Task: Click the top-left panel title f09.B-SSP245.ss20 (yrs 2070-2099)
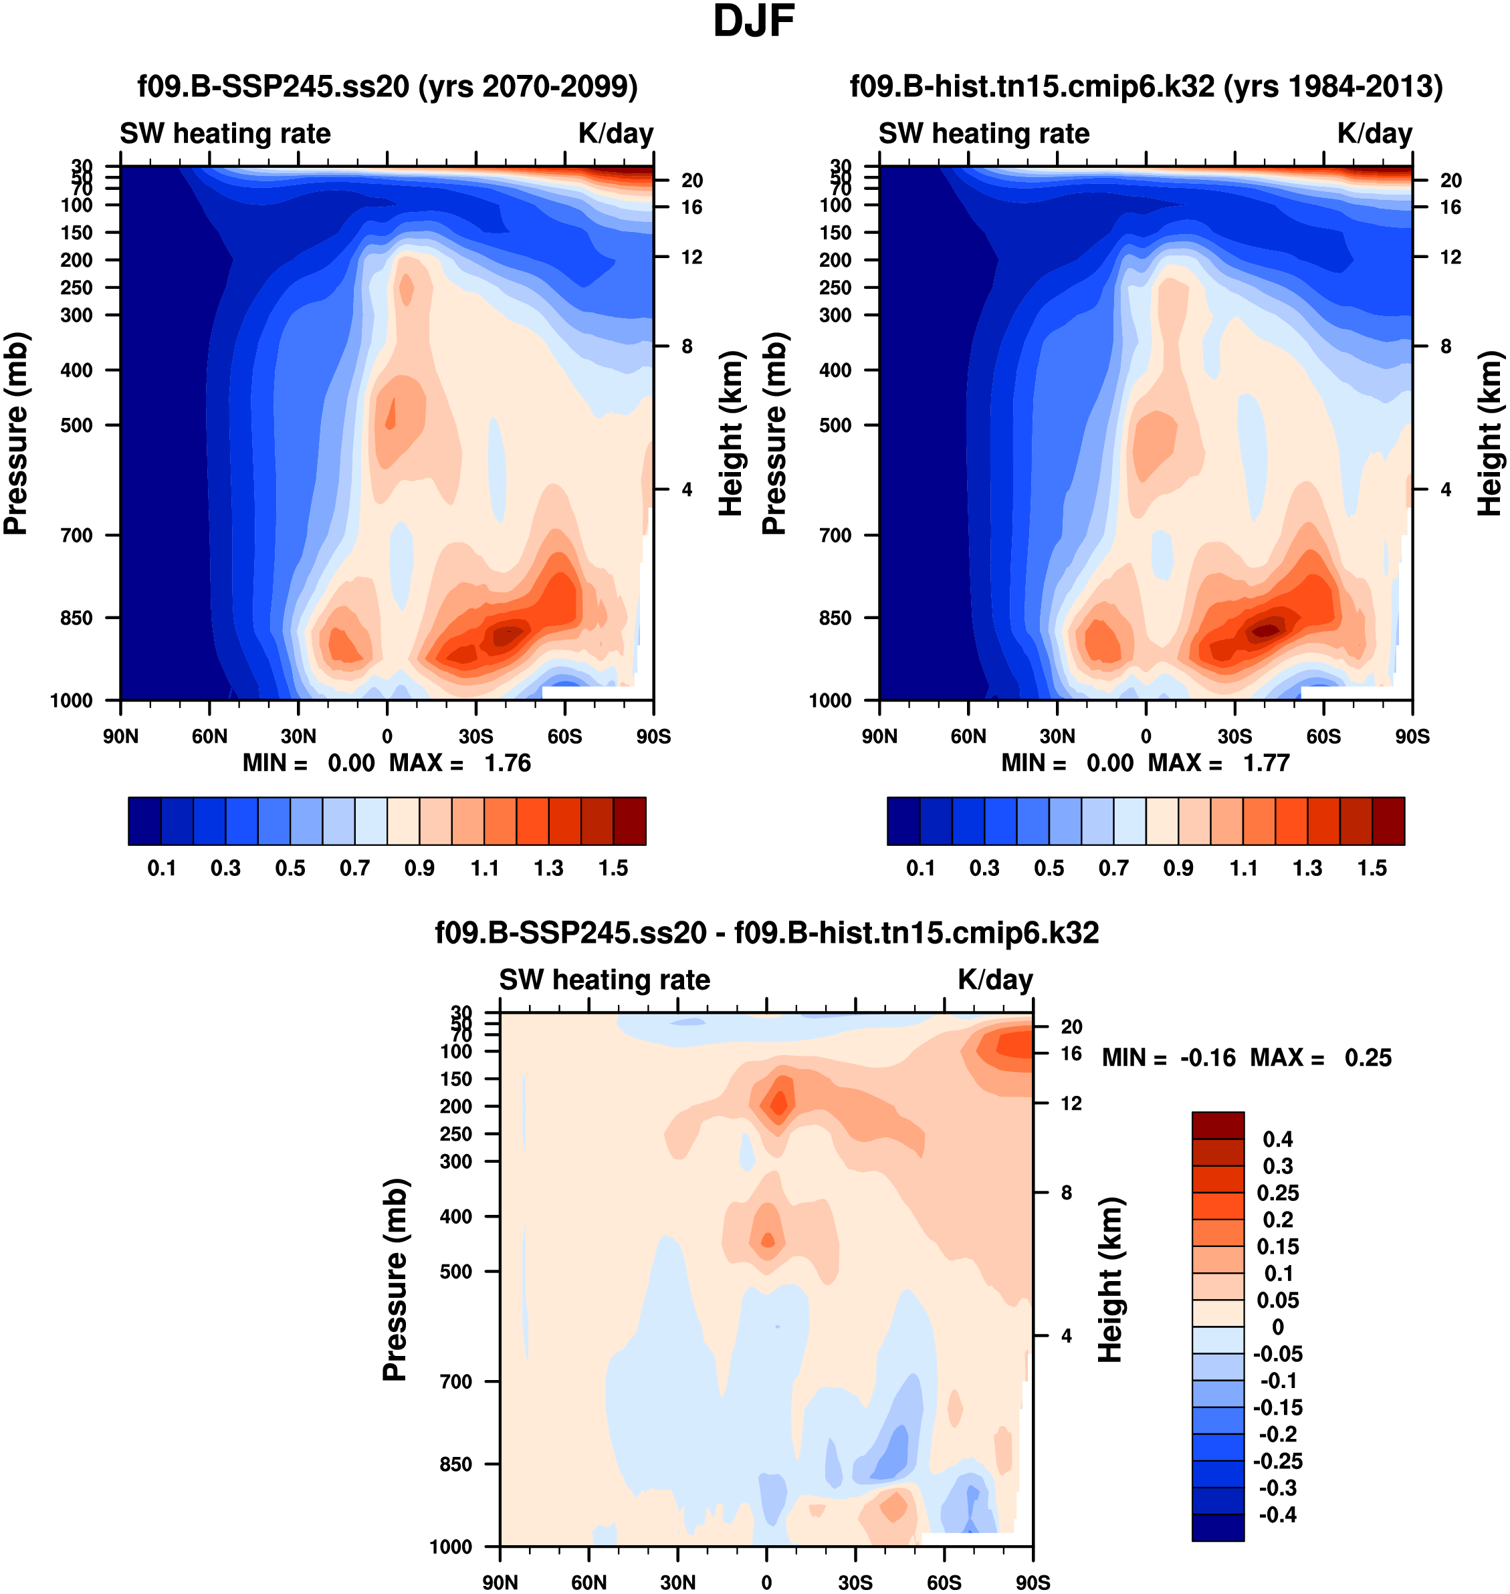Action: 387,86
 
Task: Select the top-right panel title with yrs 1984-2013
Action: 1146,86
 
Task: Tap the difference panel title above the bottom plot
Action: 766,933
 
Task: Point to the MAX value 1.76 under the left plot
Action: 507,763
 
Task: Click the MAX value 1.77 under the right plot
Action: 1266,763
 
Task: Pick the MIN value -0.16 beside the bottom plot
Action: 1207,1057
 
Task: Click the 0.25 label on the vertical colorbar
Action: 1277,1192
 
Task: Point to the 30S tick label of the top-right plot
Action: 1234,736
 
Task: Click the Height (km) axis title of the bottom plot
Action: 1110,1279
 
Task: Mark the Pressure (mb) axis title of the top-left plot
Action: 16,434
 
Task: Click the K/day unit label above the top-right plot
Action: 1374,134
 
